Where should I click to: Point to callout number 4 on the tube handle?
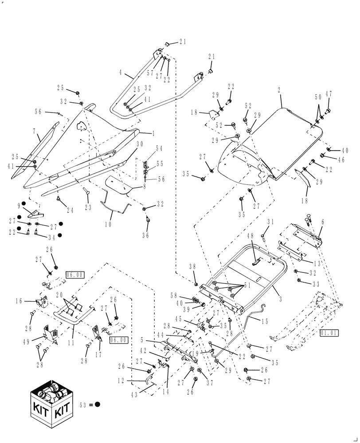click(x=120, y=71)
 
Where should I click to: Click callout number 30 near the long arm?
click(x=140, y=144)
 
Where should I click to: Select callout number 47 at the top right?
click(x=329, y=94)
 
